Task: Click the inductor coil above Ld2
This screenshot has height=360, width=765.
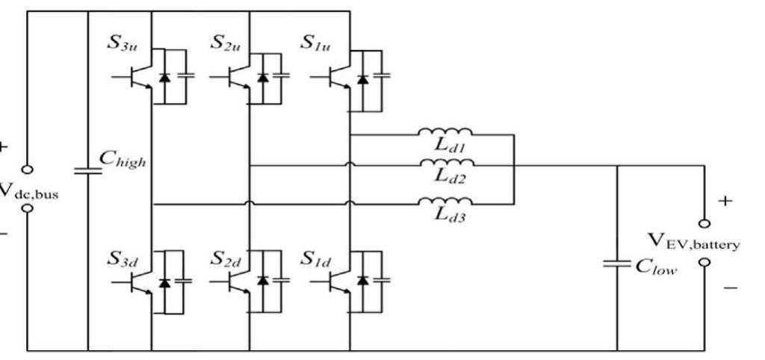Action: click(445, 164)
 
